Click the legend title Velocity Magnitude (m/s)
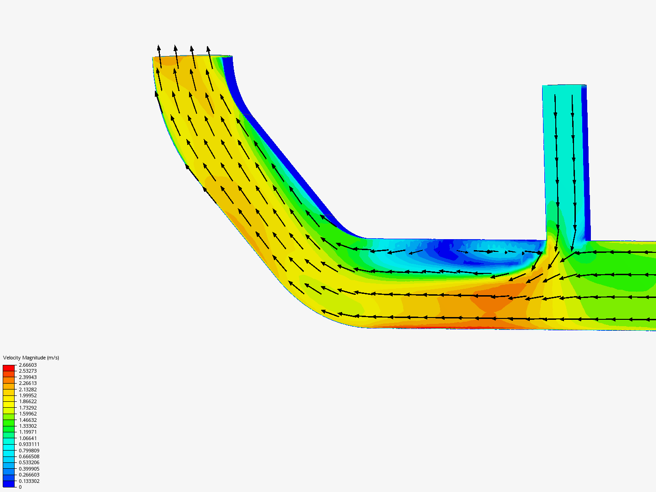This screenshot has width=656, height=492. pyautogui.click(x=31, y=358)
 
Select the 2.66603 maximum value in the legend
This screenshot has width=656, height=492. pyautogui.click(x=27, y=365)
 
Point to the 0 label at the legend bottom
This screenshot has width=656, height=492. pyautogui.click(x=20, y=487)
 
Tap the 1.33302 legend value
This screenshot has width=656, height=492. pyautogui.click(x=27, y=426)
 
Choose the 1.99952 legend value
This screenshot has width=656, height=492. pyautogui.click(x=27, y=395)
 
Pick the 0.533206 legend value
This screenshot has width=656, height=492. pyautogui.click(x=29, y=462)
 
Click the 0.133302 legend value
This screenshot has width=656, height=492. pyautogui.click(x=29, y=481)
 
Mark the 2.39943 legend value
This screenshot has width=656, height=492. pyautogui.click(x=27, y=377)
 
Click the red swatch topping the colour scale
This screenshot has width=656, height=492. pyautogui.click(x=9, y=368)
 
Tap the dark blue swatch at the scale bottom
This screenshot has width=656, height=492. pyautogui.click(x=9, y=484)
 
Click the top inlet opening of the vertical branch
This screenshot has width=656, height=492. pyautogui.click(x=564, y=86)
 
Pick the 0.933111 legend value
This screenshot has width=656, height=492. pyautogui.click(x=29, y=444)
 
